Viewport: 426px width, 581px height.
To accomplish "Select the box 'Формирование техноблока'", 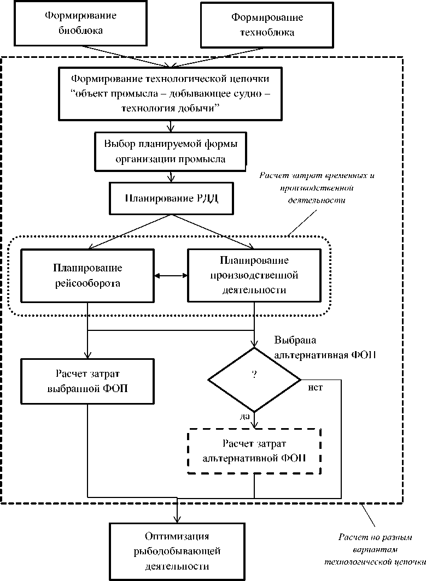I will pyautogui.click(x=266, y=25).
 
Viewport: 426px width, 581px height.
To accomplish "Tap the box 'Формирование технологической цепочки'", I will pyautogui.click(x=172, y=92).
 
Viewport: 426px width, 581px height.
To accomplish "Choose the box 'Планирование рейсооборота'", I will pyautogui.click(x=87, y=276).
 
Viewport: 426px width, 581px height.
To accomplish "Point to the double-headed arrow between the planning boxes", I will pyautogui.click(x=171, y=276).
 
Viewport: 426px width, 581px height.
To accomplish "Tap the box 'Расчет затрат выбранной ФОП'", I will pyautogui.click(x=87, y=381).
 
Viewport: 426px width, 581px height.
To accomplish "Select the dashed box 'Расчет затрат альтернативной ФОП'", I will pyautogui.click(x=254, y=450).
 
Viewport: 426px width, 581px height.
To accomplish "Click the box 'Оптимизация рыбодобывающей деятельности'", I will pyautogui.click(x=177, y=551).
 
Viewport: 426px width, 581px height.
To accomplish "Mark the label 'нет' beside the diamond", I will pyautogui.click(x=316, y=388).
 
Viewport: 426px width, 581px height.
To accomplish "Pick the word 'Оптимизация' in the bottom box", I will pyautogui.click(x=177, y=536).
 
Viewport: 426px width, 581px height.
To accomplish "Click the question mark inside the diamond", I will pyautogui.click(x=254, y=375).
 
